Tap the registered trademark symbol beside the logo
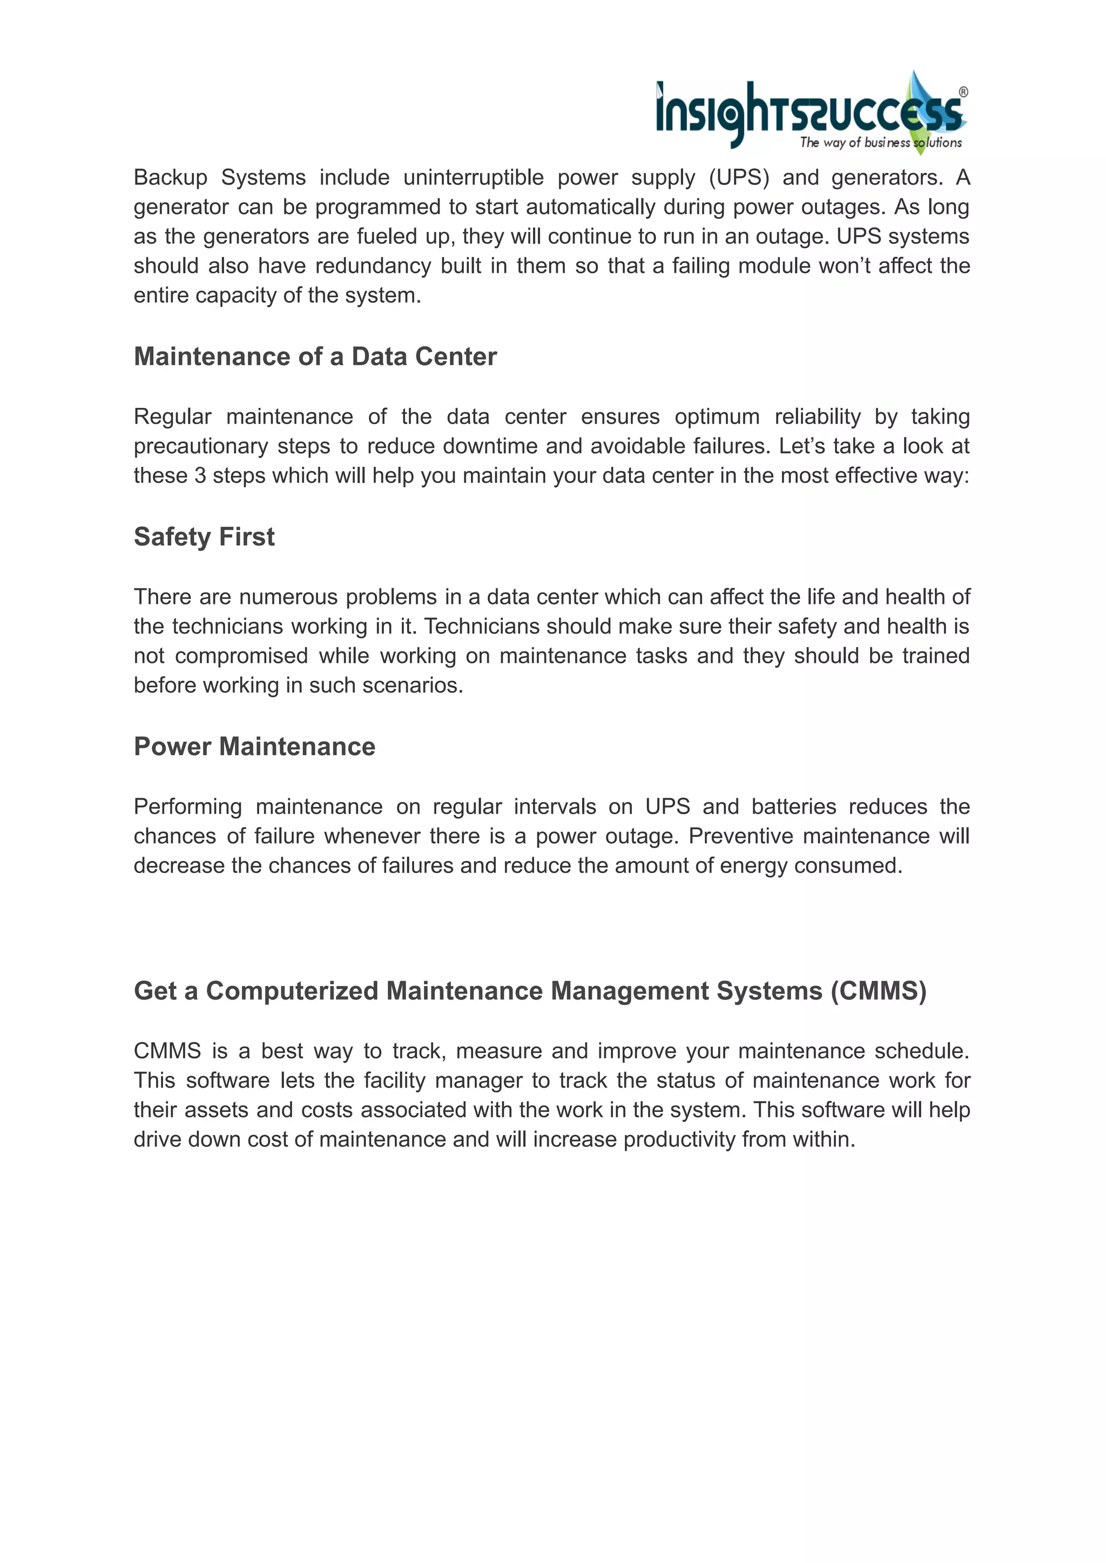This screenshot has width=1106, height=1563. point(963,92)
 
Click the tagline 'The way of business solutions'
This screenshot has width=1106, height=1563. point(881,143)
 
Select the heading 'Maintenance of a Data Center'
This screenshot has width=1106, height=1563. point(315,357)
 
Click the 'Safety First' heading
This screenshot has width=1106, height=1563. point(204,537)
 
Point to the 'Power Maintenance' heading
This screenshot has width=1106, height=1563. point(254,747)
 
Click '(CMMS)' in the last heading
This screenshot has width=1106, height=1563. point(879,991)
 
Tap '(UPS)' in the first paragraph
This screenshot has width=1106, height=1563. point(739,177)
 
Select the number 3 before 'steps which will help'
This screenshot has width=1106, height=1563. point(200,475)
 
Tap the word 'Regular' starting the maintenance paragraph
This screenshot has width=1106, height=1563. point(172,417)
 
